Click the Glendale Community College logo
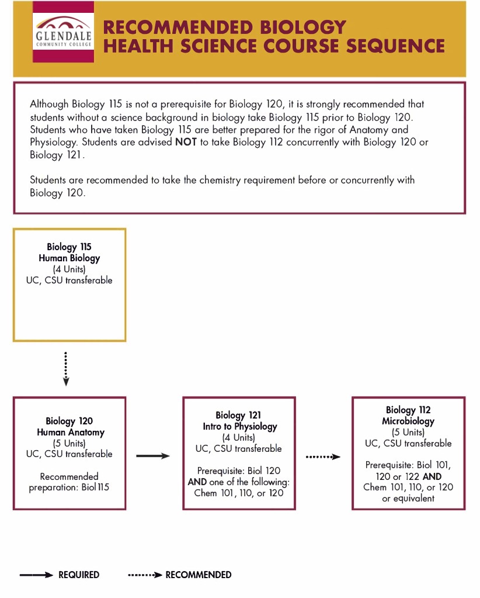click(x=63, y=32)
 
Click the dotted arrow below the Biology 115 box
click(x=66, y=369)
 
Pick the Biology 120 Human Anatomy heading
click(x=69, y=427)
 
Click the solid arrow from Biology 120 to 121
click(x=153, y=455)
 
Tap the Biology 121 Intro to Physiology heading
click(x=239, y=421)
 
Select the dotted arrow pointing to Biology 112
click(x=323, y=457)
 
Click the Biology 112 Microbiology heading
click(x=408, y=416)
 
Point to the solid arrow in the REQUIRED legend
click(x=36, y=575)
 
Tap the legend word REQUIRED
click(x=79, y=575)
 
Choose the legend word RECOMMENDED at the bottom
click(x=199, y=575)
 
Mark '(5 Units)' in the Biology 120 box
click(x=69, y=443)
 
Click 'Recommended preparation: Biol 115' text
click(x=69, y=482)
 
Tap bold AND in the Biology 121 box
click(x=197, y=482)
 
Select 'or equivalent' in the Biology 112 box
click(x=408, y=498)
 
